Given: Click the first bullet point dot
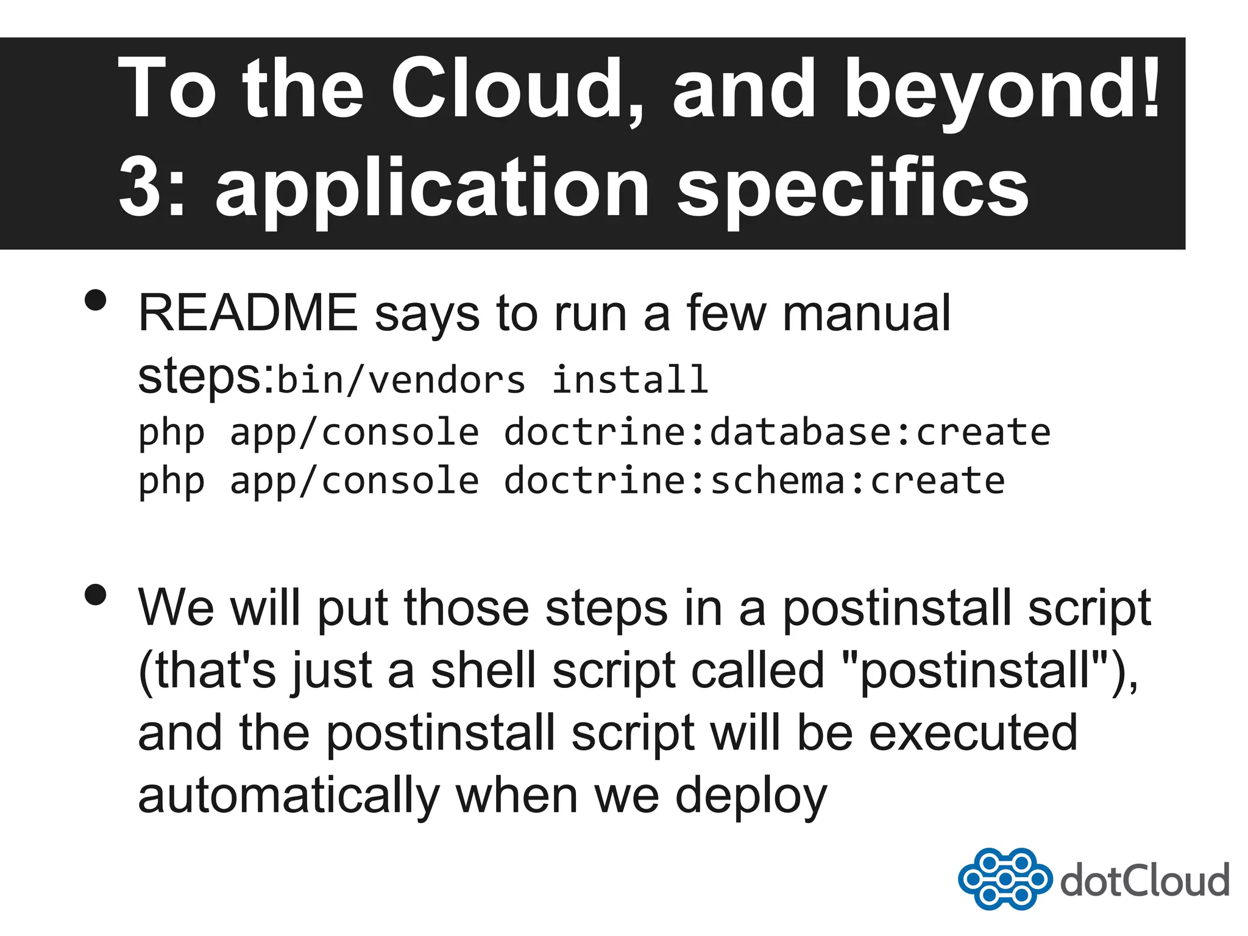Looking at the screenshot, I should point(96,300).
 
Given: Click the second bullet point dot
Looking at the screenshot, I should point(96,595).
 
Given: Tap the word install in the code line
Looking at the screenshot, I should point(629,380).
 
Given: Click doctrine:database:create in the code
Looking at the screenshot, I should point(777,432).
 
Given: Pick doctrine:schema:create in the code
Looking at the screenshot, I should point(754,481).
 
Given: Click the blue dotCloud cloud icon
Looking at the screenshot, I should point(1004,879).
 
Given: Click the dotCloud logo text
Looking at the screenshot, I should point(1144,881).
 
